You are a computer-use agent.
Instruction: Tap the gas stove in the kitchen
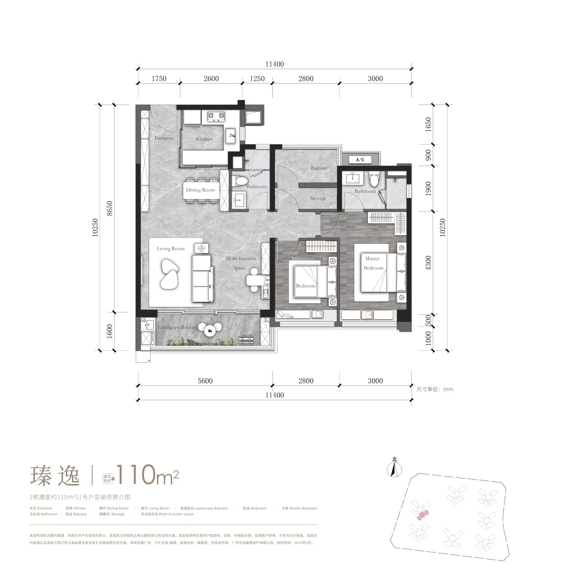tap(216, 116)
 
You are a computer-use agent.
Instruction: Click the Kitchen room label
tap(204, 139)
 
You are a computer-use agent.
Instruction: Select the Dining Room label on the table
tap(200, 190)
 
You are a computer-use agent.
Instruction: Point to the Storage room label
tap(318, 198)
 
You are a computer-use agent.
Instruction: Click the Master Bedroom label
tap(373, 263)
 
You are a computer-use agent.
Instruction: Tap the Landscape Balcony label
tap(177, 327)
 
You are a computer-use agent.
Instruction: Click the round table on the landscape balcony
tap(210, 331)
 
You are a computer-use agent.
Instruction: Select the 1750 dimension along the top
tap(159, 79)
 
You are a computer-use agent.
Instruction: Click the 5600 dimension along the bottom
tap(205, 381)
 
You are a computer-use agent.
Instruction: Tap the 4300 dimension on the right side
tap(428, 263)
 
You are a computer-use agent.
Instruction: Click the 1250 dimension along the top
tap(257, 79)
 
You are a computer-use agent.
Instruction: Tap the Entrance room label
tap(164, 138)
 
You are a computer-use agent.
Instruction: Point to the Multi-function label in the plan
tap(241, 258)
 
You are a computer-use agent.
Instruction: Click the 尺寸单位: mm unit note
tap(435, 389)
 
